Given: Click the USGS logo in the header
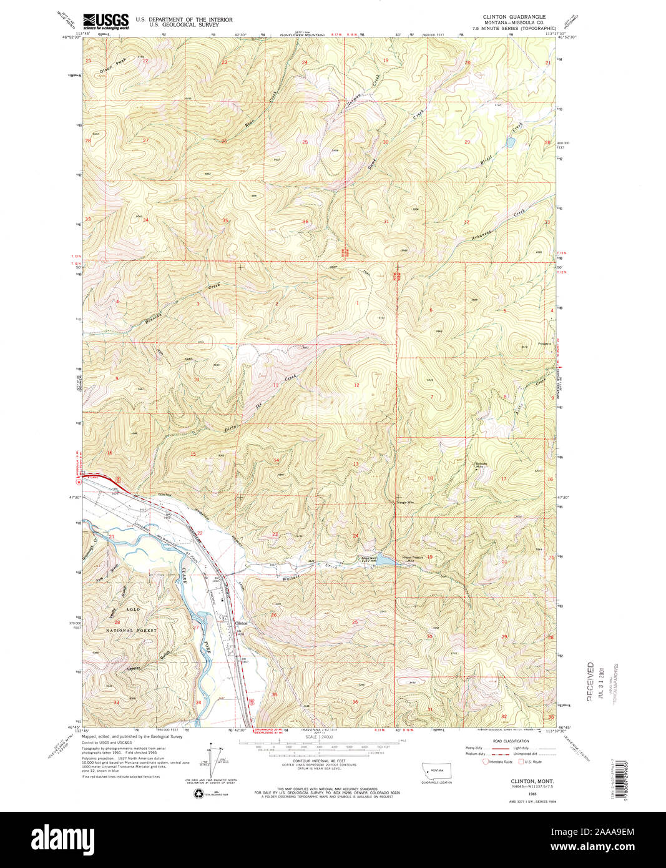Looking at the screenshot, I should (105, 21).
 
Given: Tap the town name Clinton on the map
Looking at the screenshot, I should (241, 623).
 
